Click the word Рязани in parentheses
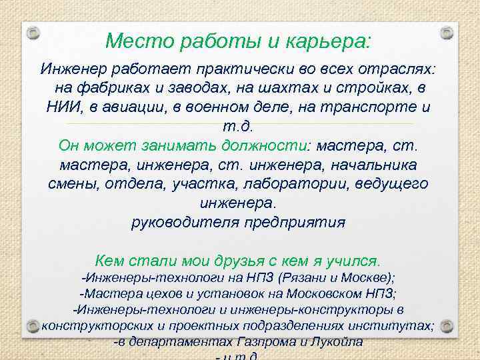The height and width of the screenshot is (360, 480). pyautogui.click(x=307, y=278)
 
